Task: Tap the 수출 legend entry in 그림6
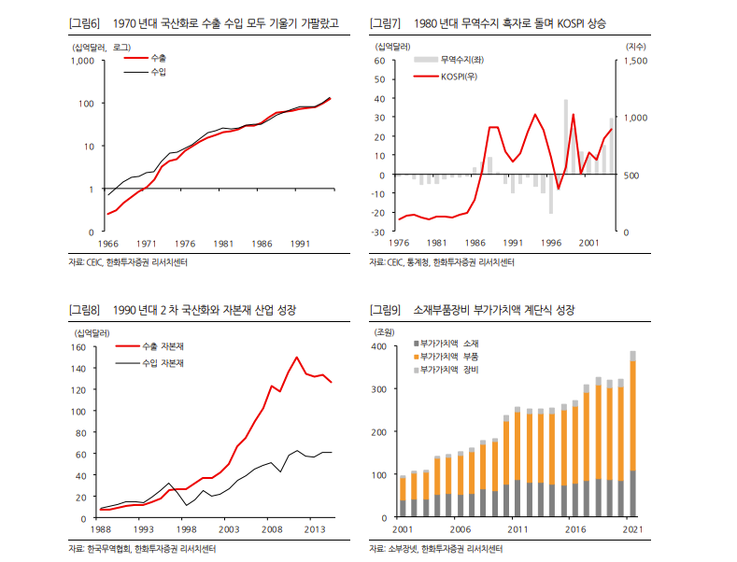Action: pyautogui.click(x=158, y=58)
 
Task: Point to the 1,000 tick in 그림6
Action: pyautogui.click(x=82, y=61)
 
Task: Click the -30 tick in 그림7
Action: pyautogui.click(x=379, y=232)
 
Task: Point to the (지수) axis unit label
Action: pyautogui.click(x=635, y=46)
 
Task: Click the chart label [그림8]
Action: pyautogui.click(x=85, y=309)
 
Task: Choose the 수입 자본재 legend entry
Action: pyautogui.click(x=163, y=361)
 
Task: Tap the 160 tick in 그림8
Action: pyautogui.click(x=78, y=347)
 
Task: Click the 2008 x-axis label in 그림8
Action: pyautogui.click(x=271, y=529)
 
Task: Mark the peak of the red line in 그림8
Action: pyautogui.click(x=297, y=357)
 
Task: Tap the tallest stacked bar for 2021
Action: pyautogui.click(x=632, y=434)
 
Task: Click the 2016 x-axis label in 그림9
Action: pyautogui.click(x=576, y=529)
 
